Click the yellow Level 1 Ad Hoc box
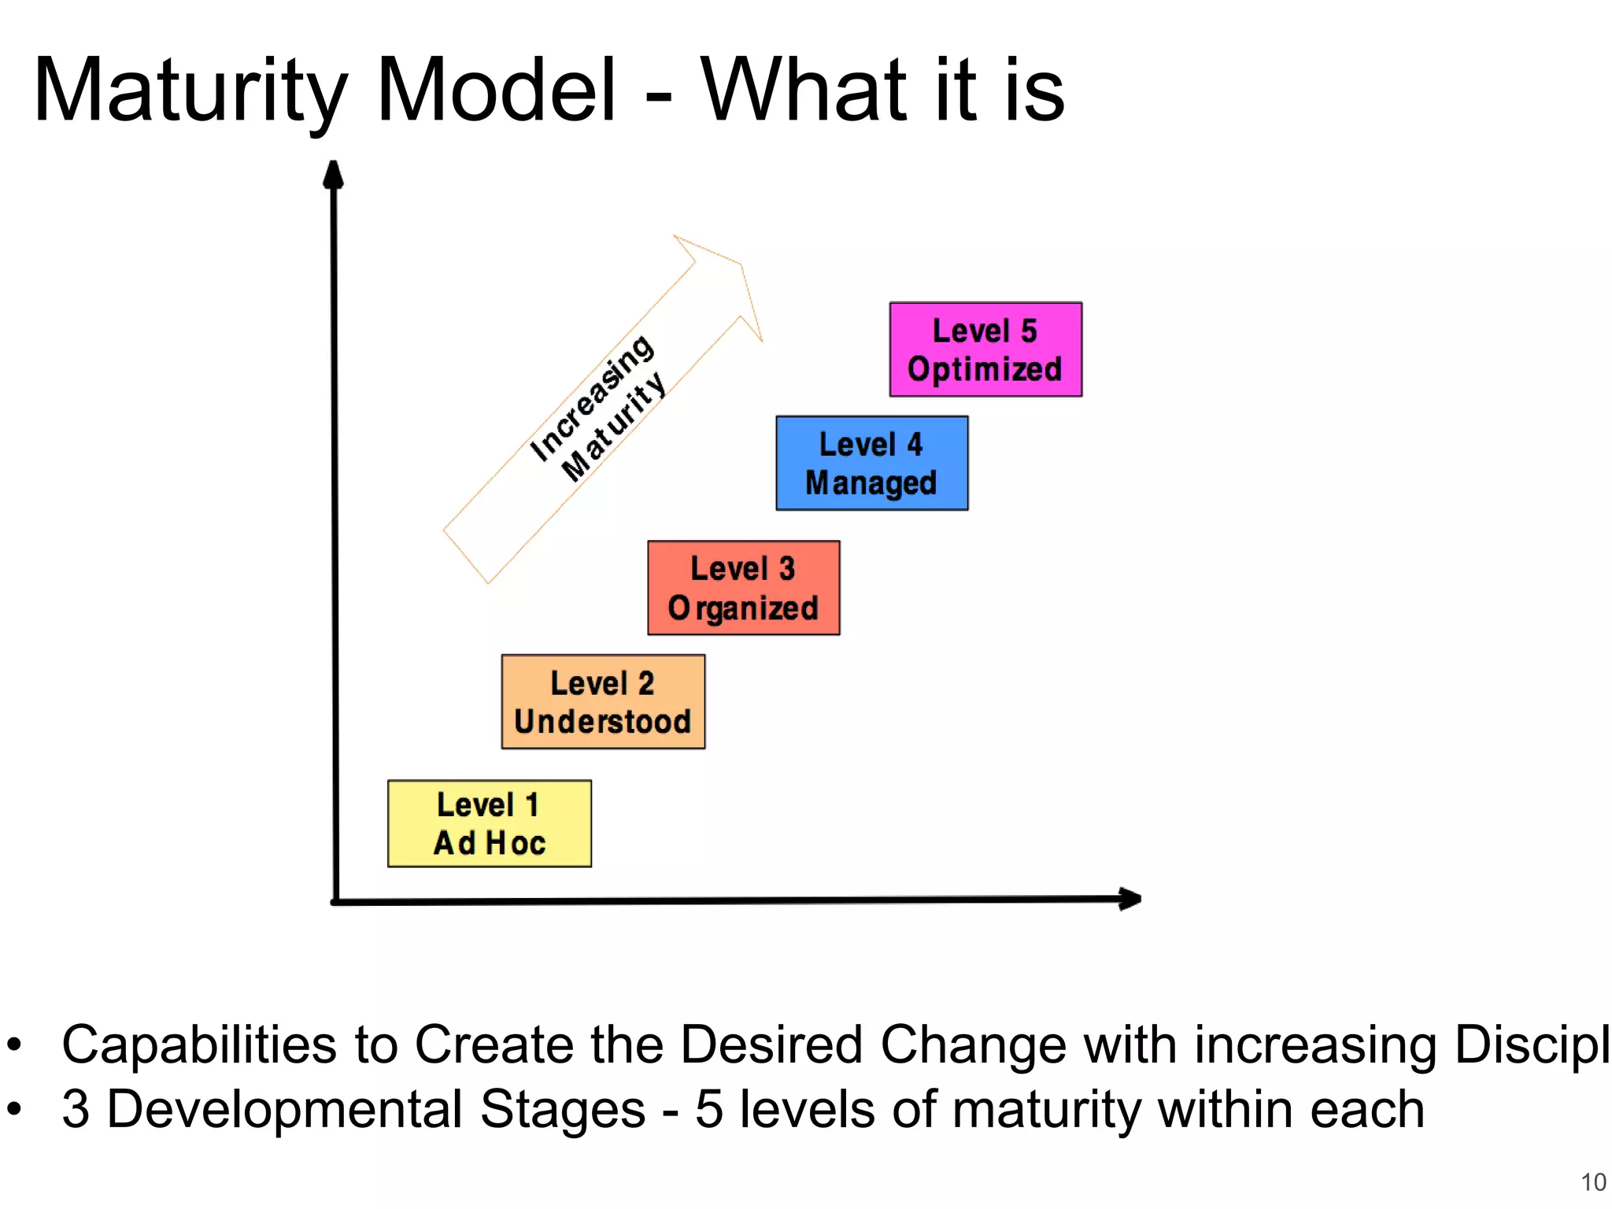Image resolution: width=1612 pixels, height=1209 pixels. pyautogui.click(x=489, y=823)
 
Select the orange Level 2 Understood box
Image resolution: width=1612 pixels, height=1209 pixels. pyautogui.click(x=603, y=701)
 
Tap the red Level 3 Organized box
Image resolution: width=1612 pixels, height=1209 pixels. pyautogui.click(x=743, y=588)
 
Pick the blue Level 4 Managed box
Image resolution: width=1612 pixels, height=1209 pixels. pyautogui.click(x=871, y=463)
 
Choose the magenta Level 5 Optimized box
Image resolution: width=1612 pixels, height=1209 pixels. pyautogui.click(x=985, y=349)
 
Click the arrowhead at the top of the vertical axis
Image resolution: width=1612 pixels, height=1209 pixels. pyautogui.click(x=334, y=175)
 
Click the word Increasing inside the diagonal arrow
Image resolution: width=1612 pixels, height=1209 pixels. pyautogui.click(x=592, y=397)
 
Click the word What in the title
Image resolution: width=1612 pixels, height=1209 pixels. pyautogui.click(x=804, y=91)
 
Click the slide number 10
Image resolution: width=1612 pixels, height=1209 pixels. pyautogui.click(x=1593, y=1181)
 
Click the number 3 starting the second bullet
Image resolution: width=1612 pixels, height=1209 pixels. pyautogui.click(x=76, y=1109)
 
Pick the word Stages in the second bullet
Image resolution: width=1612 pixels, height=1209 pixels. pyautogui.click(x=562, y=1111)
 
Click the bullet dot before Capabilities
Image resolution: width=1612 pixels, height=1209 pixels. pyautogui.click(x=15, y=1046)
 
